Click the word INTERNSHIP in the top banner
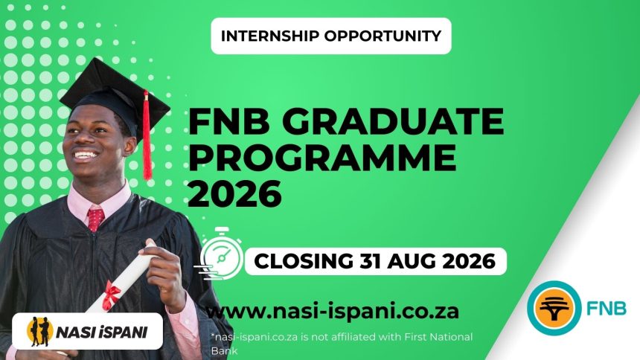276,36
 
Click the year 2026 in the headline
234,194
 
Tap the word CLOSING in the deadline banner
301,262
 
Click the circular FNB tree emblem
554,305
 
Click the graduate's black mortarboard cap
104,89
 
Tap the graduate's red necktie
95,218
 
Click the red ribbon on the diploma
111,294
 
